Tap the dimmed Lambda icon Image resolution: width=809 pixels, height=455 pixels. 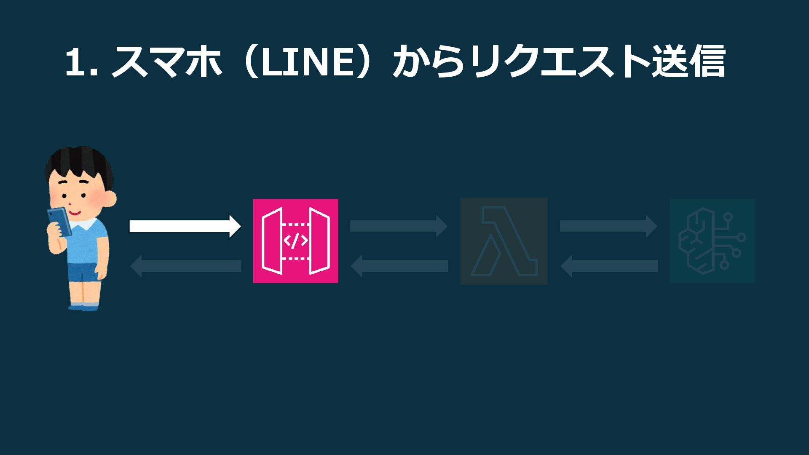coord(504,241)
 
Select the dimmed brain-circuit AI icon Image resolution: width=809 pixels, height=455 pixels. coord(712,241)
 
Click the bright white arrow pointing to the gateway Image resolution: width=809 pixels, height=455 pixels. coord(185,226)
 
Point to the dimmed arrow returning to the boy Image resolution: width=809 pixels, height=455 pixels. coord(185,266)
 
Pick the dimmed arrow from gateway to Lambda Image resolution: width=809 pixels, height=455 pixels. coord(398,226)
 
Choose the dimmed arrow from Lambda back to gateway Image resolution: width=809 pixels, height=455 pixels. coord(399,266)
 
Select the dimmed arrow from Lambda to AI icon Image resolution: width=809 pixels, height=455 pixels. coord(608,226)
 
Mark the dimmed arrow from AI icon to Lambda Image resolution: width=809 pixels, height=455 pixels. coord(609,266)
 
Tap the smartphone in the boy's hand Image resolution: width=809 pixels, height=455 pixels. coord(59,221)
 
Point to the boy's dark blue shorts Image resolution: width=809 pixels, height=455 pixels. coord(83,272)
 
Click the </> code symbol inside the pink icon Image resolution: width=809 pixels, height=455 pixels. coord(295,241)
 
